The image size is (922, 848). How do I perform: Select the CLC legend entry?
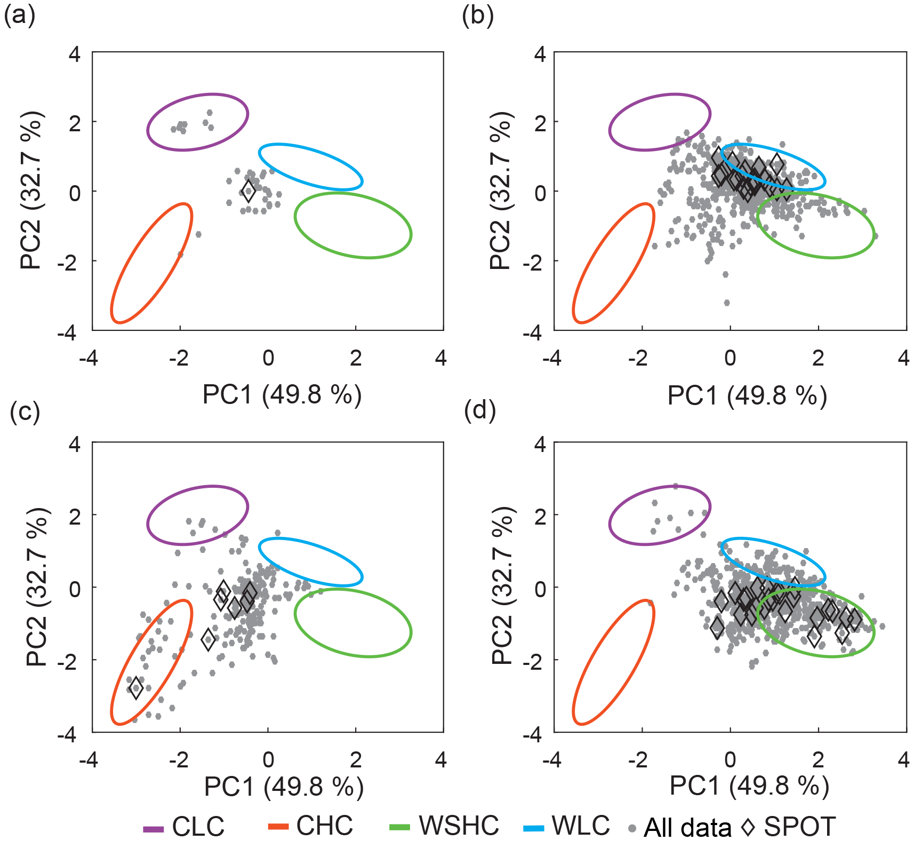click(x=184, y=827)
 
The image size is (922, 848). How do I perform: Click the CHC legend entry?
click(x=310, y=826)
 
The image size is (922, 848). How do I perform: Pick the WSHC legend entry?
click(x=444, y=826)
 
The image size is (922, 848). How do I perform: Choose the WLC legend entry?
click(x=567, y=826)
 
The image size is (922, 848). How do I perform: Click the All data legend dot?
click(x=632, y=829)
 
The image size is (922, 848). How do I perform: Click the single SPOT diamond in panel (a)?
click(x=248, y=191)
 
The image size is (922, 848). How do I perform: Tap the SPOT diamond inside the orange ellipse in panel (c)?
click(x=136, y=687)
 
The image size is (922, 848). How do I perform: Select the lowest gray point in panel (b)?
click(x=726, y=303)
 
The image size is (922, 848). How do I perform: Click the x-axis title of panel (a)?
click(x=282, y=395)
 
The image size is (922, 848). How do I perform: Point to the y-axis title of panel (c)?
click(x=37, y=587)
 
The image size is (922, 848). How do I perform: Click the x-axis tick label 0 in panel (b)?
click(x=730, y=358)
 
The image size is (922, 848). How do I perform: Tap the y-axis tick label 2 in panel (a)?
click(x=75, y=123)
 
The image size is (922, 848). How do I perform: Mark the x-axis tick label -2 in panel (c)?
click(x=179, y=760)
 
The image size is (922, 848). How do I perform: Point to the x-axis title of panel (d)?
click(x=749, y=786)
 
